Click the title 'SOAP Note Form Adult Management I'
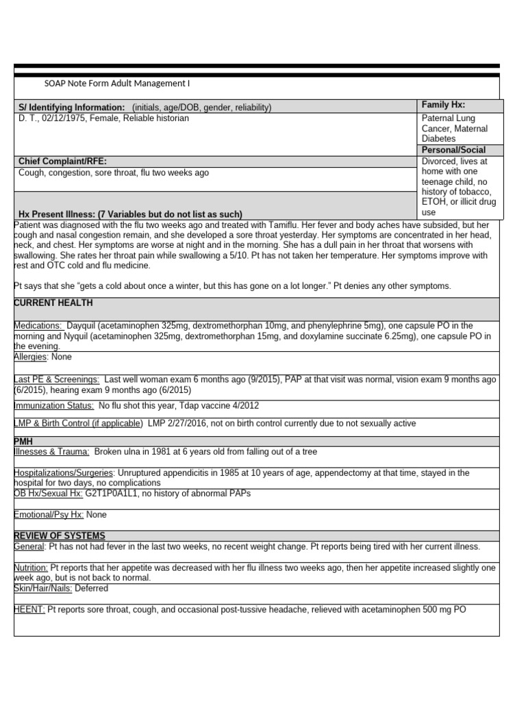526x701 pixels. (116, 84)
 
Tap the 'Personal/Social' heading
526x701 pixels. (453, 150)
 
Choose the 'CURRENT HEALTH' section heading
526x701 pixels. (53, 303)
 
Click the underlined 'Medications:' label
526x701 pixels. (38, 326)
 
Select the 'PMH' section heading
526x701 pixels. (23, 442)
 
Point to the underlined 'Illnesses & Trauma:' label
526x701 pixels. (51, 452)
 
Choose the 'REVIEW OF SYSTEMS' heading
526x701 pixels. (60, 535)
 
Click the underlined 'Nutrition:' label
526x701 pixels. (31, 568)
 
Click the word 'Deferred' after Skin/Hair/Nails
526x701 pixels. (91, 588)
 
